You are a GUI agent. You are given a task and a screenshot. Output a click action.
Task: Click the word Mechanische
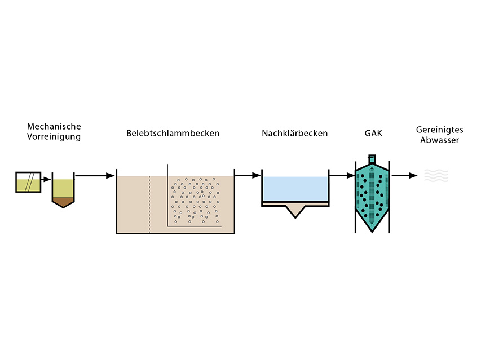(54, 126)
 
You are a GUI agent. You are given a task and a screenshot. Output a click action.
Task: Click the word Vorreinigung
(54, 137)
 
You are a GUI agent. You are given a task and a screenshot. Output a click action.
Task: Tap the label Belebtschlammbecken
(173, 134)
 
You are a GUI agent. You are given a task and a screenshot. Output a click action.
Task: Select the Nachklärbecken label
(294, 134)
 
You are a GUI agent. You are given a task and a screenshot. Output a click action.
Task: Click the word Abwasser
(439, 140)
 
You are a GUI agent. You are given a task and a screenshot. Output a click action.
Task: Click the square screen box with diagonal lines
(28, 182)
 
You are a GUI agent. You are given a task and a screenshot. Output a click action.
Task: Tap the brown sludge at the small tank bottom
(63, 200)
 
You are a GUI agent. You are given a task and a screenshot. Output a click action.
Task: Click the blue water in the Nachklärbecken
(295, 188)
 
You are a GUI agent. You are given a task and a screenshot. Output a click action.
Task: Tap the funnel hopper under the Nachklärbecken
(295, 211)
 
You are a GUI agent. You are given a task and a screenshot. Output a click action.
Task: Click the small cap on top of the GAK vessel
(372, 158)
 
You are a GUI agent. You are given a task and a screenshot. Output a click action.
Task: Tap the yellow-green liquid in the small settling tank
(63, 188)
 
